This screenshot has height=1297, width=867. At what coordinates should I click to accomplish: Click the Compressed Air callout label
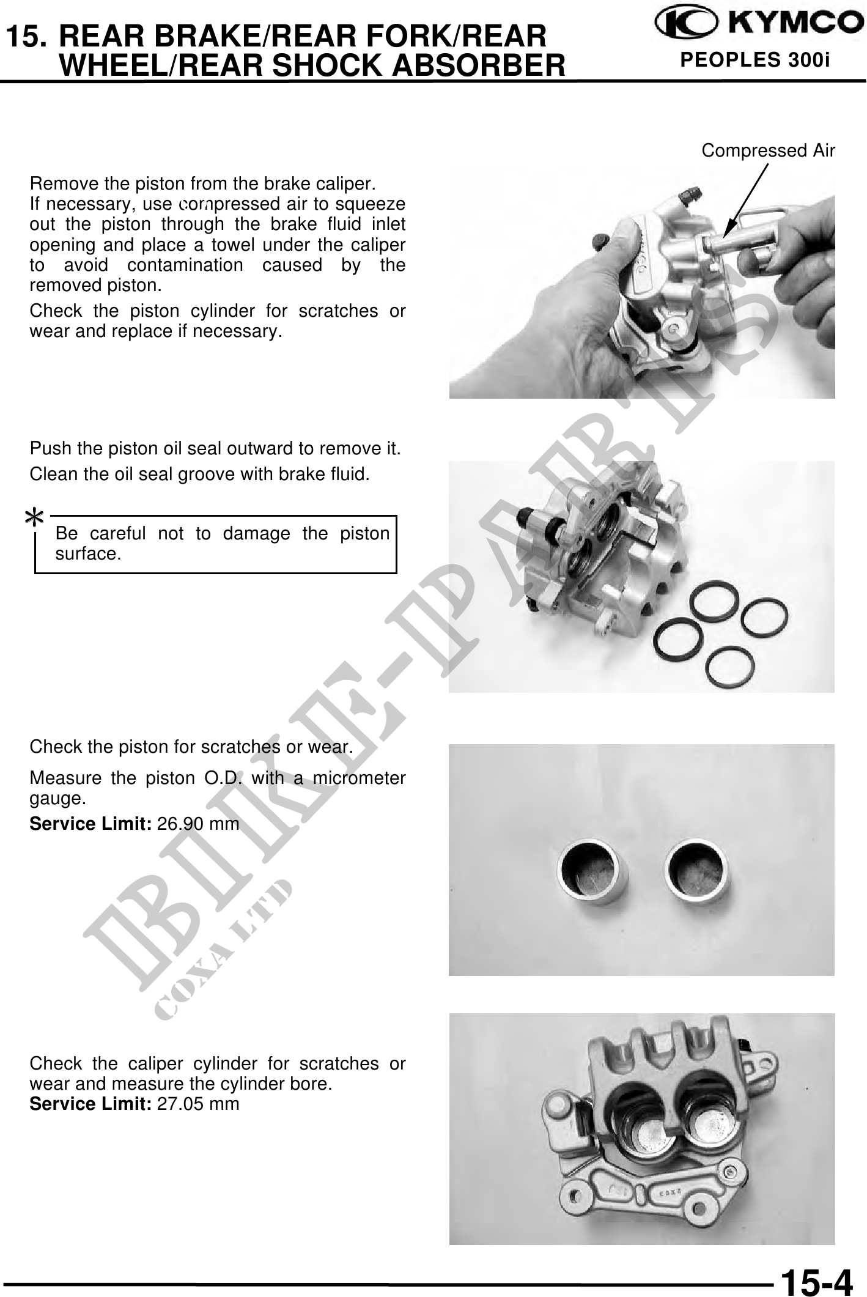pos(768,150)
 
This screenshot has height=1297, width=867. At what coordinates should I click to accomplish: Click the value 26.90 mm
pos(198,824)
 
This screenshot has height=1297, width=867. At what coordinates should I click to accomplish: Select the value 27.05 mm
pos(198,1104)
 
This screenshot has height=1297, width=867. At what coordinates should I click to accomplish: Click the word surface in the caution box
pos(88,554)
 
